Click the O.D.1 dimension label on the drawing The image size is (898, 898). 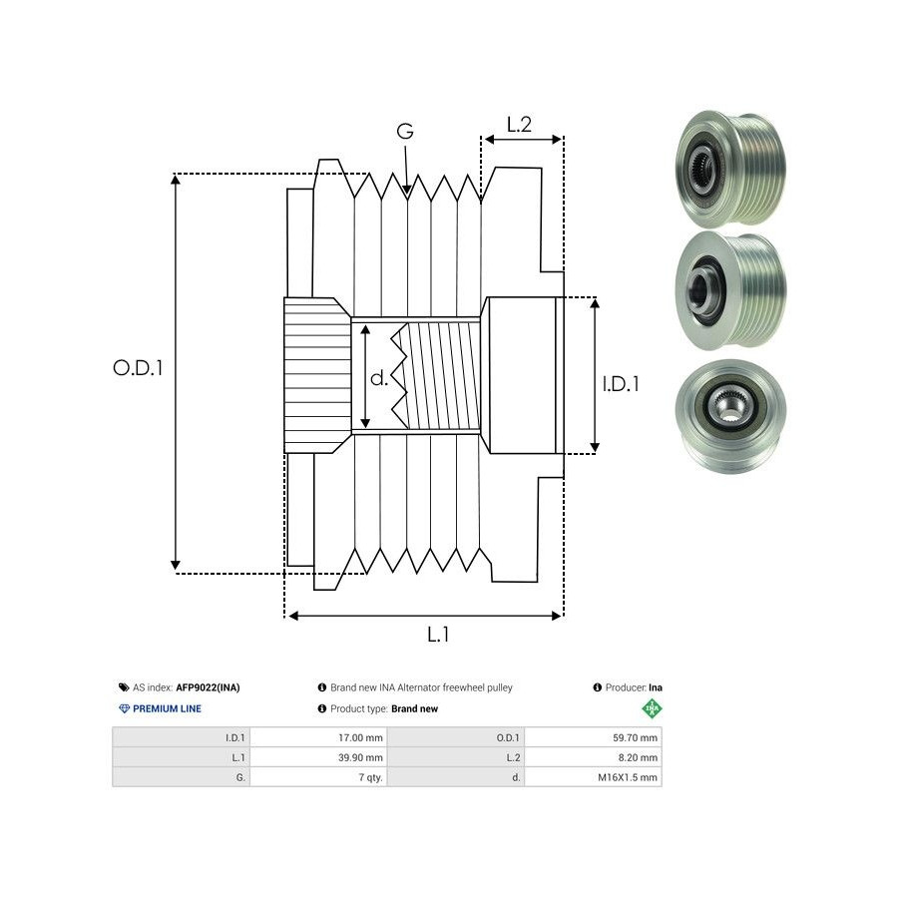[x=138, y=367]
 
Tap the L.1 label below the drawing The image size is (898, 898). [x=438, y=634]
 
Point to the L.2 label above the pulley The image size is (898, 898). [x=519, y=125]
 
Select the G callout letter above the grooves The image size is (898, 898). [x=405, y=132]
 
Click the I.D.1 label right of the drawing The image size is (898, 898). [x=621, y=383]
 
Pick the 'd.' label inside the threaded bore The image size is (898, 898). [x=379, y=378]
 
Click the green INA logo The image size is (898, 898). [x=652, y=709]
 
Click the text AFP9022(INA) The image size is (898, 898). [x=208, y=687]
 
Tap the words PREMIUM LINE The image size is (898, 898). [x=168, y=708]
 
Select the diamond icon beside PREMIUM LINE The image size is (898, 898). [x=124, y=708]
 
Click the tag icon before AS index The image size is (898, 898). [x=123, y=687]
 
